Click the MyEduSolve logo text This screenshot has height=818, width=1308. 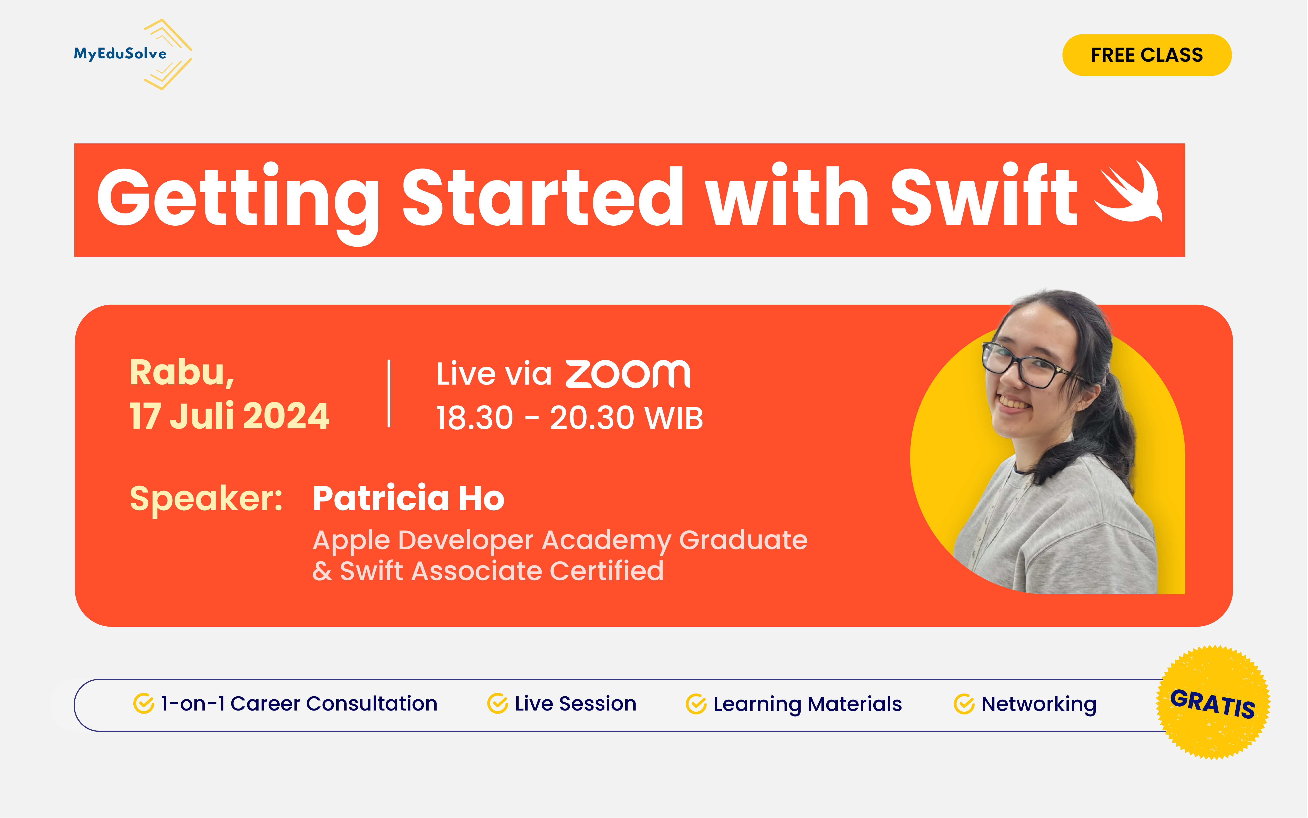120,54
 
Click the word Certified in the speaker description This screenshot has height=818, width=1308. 607,571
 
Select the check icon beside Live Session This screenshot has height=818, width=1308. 497,704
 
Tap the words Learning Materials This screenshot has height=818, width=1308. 807,704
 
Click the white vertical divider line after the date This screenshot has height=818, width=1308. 389,394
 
